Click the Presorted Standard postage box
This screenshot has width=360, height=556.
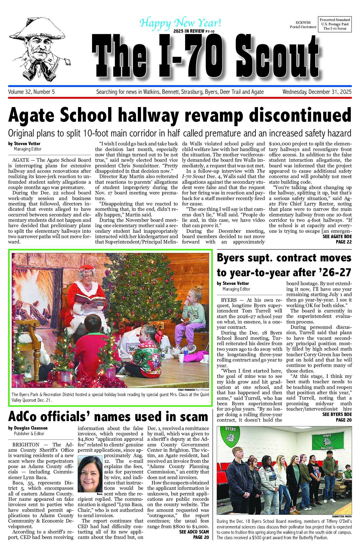tap(335, 24)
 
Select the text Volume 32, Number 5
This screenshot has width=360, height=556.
tap(31, 92)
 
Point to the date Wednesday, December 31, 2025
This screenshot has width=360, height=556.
tap(317, 92)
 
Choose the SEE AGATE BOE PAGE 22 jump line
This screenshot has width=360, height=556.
tap(337, 239)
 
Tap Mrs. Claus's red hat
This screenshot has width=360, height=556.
tap(88, 269)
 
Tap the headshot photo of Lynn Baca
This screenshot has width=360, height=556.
tap(90, 474)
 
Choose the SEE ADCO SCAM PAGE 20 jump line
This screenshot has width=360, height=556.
tap(194, 535)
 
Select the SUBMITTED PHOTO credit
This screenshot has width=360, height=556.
tap(342, 516)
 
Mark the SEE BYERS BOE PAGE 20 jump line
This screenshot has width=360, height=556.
tap(337, 417)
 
